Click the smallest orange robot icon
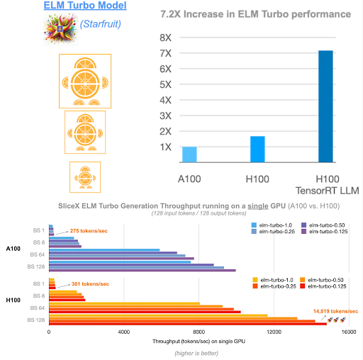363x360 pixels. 84,176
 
